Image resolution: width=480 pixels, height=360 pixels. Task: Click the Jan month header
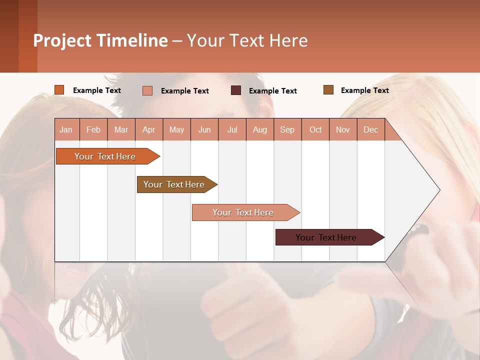(x=66, y=129)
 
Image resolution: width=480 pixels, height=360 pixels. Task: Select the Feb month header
(x=93, y=129)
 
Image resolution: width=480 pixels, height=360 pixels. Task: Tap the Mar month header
(x=121, y=129)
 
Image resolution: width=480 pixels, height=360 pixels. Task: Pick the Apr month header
(x=149, y=129)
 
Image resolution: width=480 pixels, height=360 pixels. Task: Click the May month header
(x=176, y=129)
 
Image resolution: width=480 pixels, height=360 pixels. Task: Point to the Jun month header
(x=204, y=129)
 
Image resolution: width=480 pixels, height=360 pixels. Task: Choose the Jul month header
(x=232, y=129)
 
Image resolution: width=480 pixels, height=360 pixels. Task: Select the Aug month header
(x=260, y=129)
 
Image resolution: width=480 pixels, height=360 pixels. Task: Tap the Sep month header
(x=287, y=129)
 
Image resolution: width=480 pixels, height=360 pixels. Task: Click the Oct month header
(x=315, y=129)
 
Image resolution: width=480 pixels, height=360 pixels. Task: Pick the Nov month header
(x=343, y=129)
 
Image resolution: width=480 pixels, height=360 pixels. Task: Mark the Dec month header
(x=371, y=129)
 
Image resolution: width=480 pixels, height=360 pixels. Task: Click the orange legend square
(x=59, y=90)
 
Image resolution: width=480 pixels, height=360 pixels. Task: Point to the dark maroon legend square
(x=236, y=90)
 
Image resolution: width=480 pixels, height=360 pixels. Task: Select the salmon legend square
(x=147, y=90)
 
